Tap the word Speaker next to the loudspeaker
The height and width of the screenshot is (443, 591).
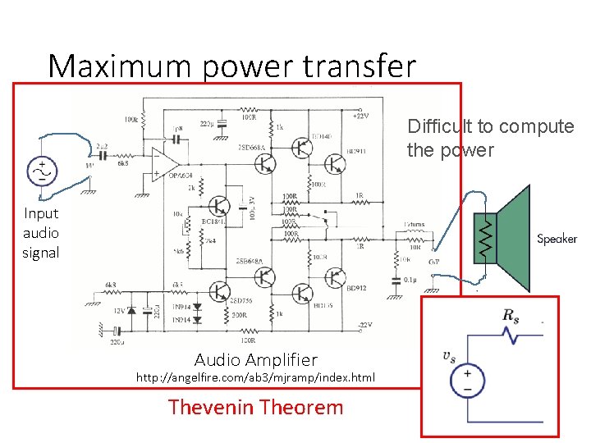pos(557,239)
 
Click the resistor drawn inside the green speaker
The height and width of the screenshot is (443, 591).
pos(486,238)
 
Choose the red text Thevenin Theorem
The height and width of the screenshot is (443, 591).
pos(255,407)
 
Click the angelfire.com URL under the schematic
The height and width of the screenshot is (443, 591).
pos(255,377)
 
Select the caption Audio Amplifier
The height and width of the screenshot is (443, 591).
pos(255,359)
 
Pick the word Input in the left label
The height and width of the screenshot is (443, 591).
pos(41,213)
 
